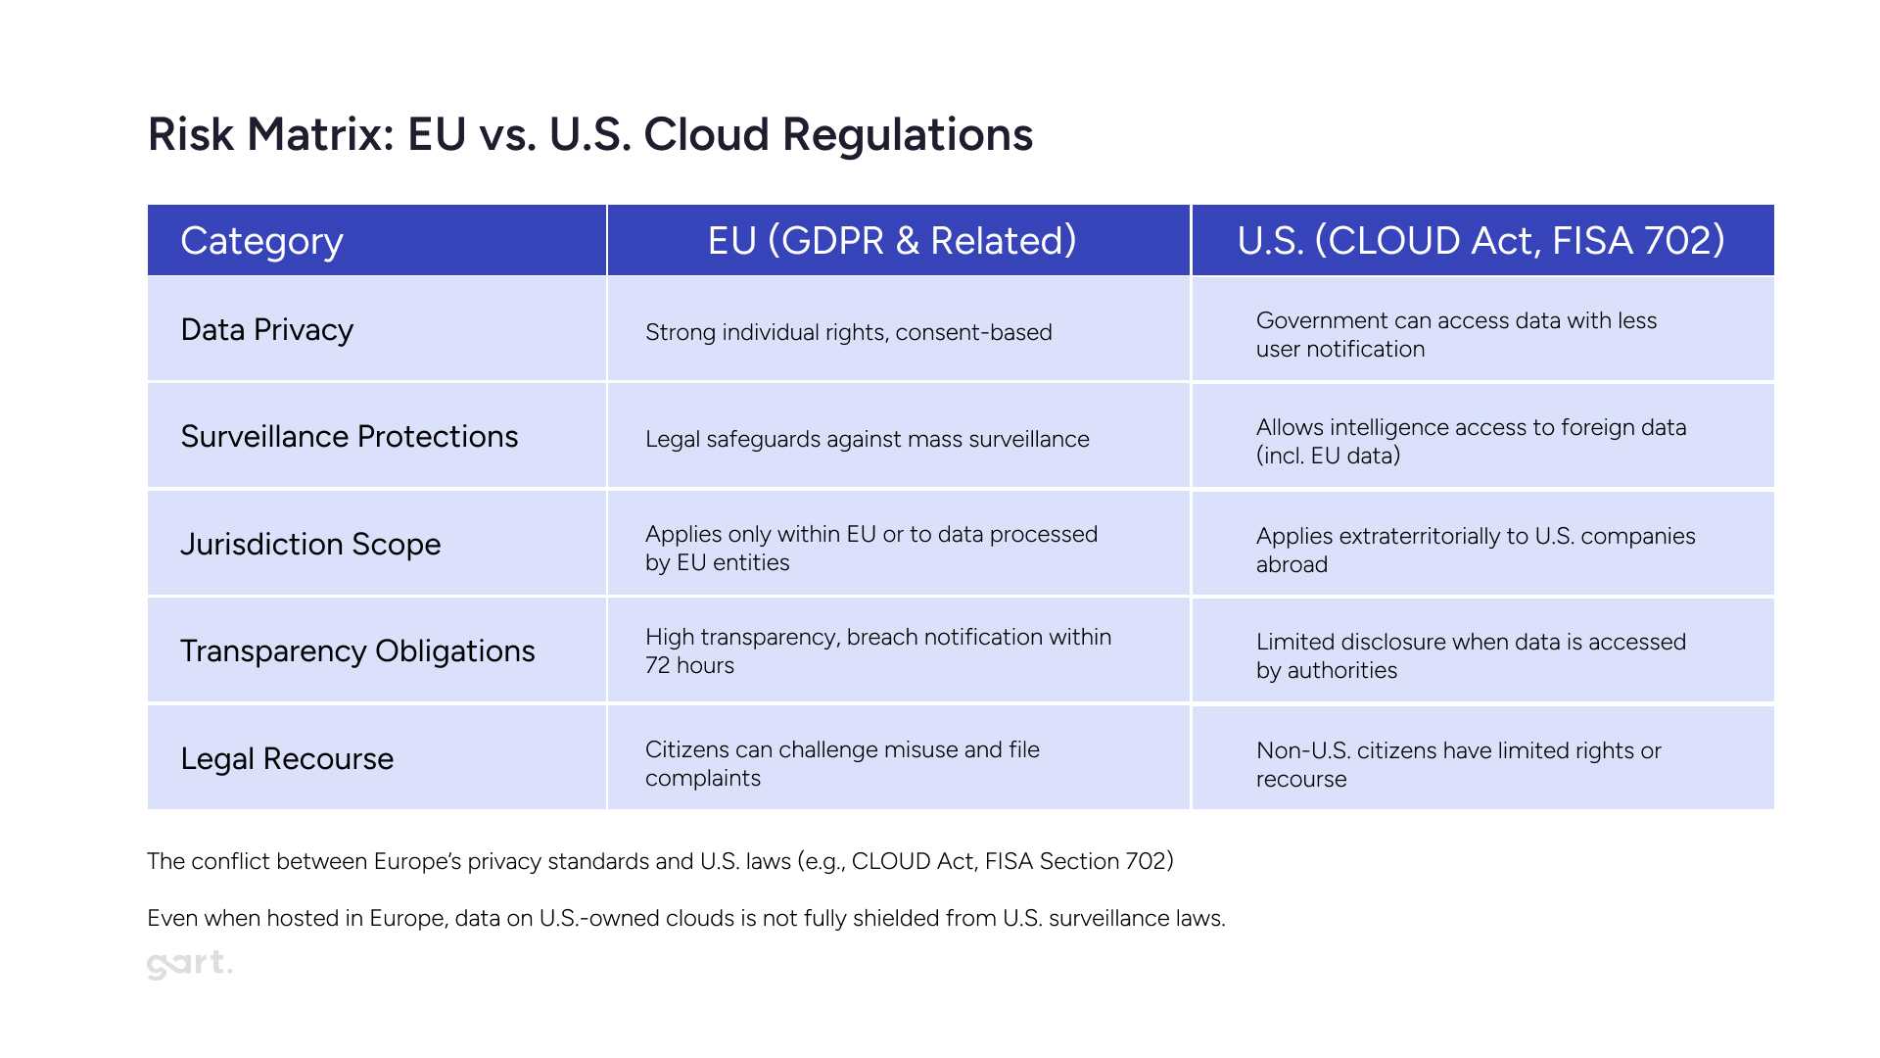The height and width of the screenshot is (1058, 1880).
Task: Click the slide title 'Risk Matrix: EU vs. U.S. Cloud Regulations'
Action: point(590,135)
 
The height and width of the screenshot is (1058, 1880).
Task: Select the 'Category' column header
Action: point(261,241)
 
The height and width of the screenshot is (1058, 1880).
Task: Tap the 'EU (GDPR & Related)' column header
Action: point(892,241)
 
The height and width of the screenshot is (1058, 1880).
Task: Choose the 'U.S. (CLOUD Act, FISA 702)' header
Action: point(1481,241)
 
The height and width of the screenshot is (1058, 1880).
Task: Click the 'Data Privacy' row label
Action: point(266,330)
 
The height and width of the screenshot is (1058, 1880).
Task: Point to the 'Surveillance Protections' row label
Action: point(350,437)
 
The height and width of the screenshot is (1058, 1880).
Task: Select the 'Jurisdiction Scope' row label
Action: point(310,545)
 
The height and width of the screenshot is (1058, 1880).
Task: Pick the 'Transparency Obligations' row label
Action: point(357,651)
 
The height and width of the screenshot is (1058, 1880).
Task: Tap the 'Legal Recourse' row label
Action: point(287,759)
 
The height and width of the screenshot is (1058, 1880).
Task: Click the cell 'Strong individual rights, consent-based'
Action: point(849,332)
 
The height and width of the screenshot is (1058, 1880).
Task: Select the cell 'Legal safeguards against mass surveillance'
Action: point(868,439)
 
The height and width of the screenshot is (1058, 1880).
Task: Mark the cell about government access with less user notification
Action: point(1456,335)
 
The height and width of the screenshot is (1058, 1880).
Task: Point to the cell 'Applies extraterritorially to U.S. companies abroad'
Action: point(1476,550)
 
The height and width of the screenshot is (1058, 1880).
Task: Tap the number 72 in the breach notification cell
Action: point(657,666)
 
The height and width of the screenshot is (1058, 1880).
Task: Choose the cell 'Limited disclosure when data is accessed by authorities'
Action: point(1471,655)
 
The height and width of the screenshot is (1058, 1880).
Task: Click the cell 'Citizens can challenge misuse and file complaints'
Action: point(842,763)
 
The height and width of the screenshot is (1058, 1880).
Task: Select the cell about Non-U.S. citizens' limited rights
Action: point(1459,764)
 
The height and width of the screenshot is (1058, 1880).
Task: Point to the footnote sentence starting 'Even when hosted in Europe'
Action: point(686,919)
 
